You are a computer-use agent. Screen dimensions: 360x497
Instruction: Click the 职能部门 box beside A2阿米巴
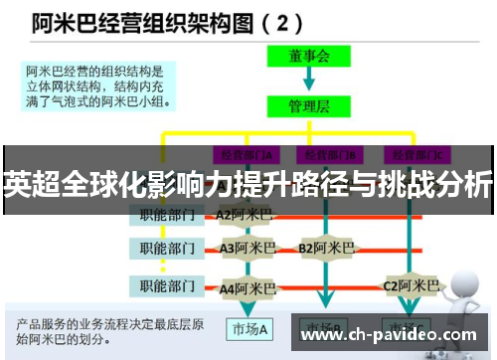166,214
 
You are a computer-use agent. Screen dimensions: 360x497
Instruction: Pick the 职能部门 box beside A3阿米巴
166,249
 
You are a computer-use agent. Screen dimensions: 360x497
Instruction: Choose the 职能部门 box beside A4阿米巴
166,288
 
